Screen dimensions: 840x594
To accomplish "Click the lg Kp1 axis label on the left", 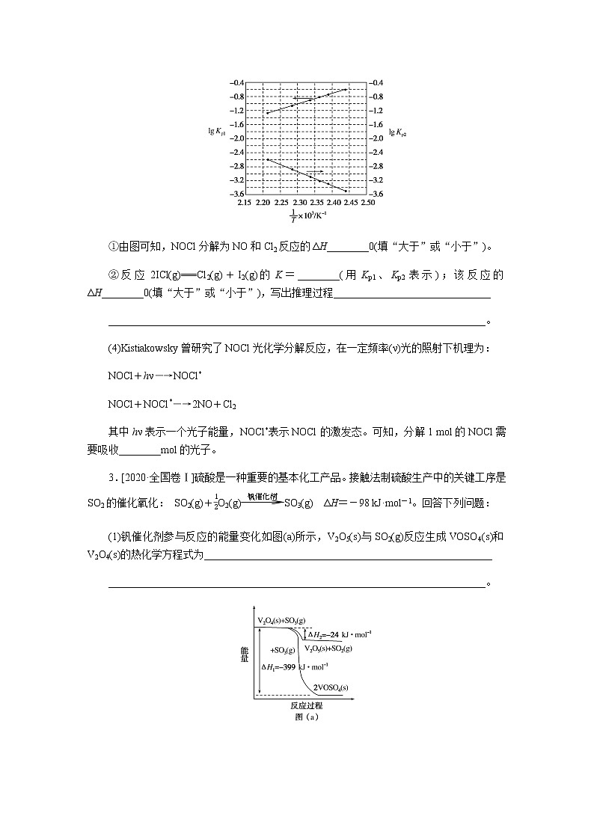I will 216,131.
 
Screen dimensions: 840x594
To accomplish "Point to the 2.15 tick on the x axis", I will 244,202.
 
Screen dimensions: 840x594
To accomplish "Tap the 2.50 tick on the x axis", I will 367,202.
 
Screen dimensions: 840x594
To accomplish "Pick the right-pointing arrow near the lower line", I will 315,171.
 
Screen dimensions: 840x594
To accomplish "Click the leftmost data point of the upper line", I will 268,113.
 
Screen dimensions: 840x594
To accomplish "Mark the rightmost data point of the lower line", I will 346,191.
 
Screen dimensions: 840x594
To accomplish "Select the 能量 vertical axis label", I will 245,656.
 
